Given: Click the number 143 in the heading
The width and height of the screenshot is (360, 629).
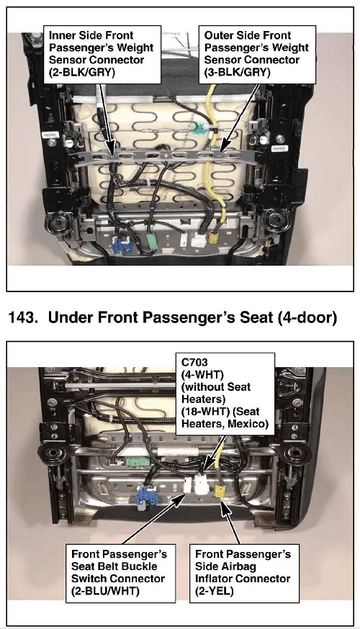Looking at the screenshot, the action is click(x=22, y=317).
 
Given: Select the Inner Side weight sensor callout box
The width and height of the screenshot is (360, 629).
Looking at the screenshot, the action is click(x=102, y=54).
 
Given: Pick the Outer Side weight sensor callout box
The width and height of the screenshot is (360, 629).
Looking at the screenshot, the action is click(x=257, y=54).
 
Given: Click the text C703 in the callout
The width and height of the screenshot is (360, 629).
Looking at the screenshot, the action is click(x=194, y=362).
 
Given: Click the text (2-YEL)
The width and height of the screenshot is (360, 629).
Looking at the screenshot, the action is click(x=215, y=590).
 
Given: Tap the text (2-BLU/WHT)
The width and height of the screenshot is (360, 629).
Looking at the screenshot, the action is click(x=105, y=590).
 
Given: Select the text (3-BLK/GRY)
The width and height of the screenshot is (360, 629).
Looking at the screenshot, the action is click(x=237, y=72).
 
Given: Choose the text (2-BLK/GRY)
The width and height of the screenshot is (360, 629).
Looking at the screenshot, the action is click(x=82, y=72).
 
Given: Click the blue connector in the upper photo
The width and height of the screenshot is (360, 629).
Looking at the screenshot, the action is click(x=121, y=243).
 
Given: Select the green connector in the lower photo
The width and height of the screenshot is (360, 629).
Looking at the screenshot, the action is click(x=138, y=461).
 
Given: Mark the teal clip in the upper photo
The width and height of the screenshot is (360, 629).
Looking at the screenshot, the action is click(x=199, y=130).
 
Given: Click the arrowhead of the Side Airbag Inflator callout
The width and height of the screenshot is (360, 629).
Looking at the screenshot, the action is click(x=223, y=505).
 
